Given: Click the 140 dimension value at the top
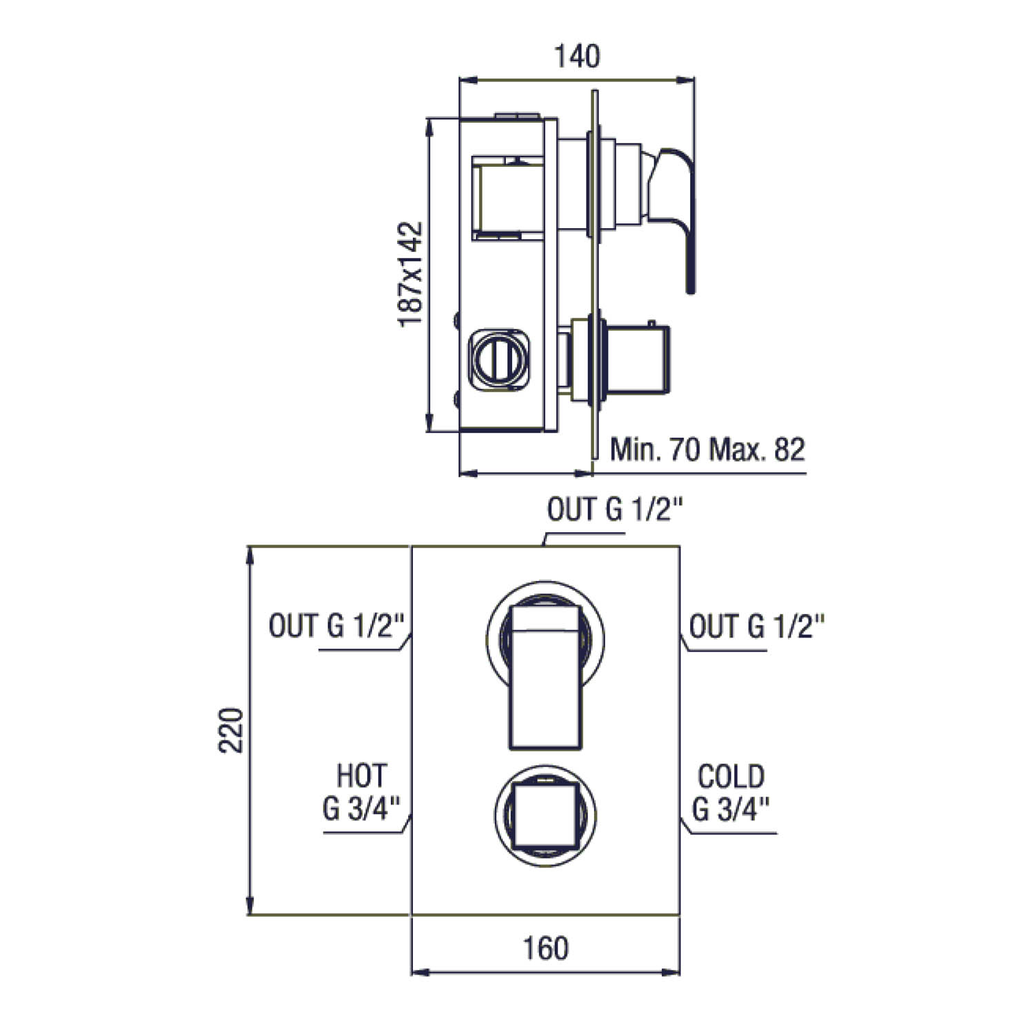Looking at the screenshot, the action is pyautogui.click(x=577, y=57).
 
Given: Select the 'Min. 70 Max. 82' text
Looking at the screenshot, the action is pyautogui.click(x=707, y=449).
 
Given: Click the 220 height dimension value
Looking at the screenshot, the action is pyautogui.click(x=232, y=730).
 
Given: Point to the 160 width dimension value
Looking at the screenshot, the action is pyautogui.click(x=546, y=948).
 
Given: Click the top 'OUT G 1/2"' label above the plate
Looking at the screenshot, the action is pyautogui.click(x=615, y=509).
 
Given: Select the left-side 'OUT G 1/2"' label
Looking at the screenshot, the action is pyautogui.click(x=340, y=626).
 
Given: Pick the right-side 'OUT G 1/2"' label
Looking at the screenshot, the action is pyautogui.click(x=757, y=627).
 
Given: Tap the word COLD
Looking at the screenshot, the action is pyautogui.click(x=731, y=777).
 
